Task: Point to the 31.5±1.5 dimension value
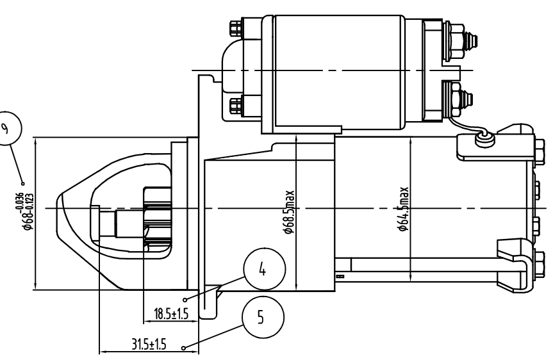coord(144,345)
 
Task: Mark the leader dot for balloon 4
coord(185,299)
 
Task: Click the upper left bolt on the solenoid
coord(236,30)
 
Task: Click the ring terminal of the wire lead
coord(485,136)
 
